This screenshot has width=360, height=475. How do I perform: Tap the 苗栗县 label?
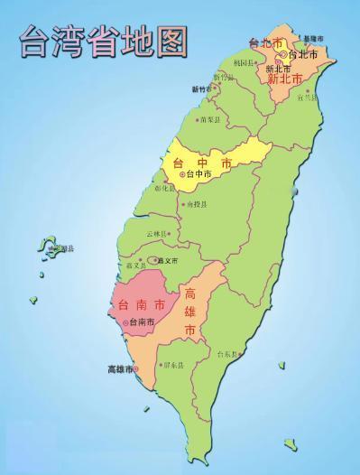tap(211, 118)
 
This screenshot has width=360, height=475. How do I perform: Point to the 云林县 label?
tap(157, 233)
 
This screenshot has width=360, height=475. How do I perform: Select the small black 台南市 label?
tap(140, 321)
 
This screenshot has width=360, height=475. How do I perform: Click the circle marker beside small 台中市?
tap(181, 174)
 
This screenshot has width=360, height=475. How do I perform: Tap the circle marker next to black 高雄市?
tap(136, 368)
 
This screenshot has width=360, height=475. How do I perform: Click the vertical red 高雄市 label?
tap(190, 312)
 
